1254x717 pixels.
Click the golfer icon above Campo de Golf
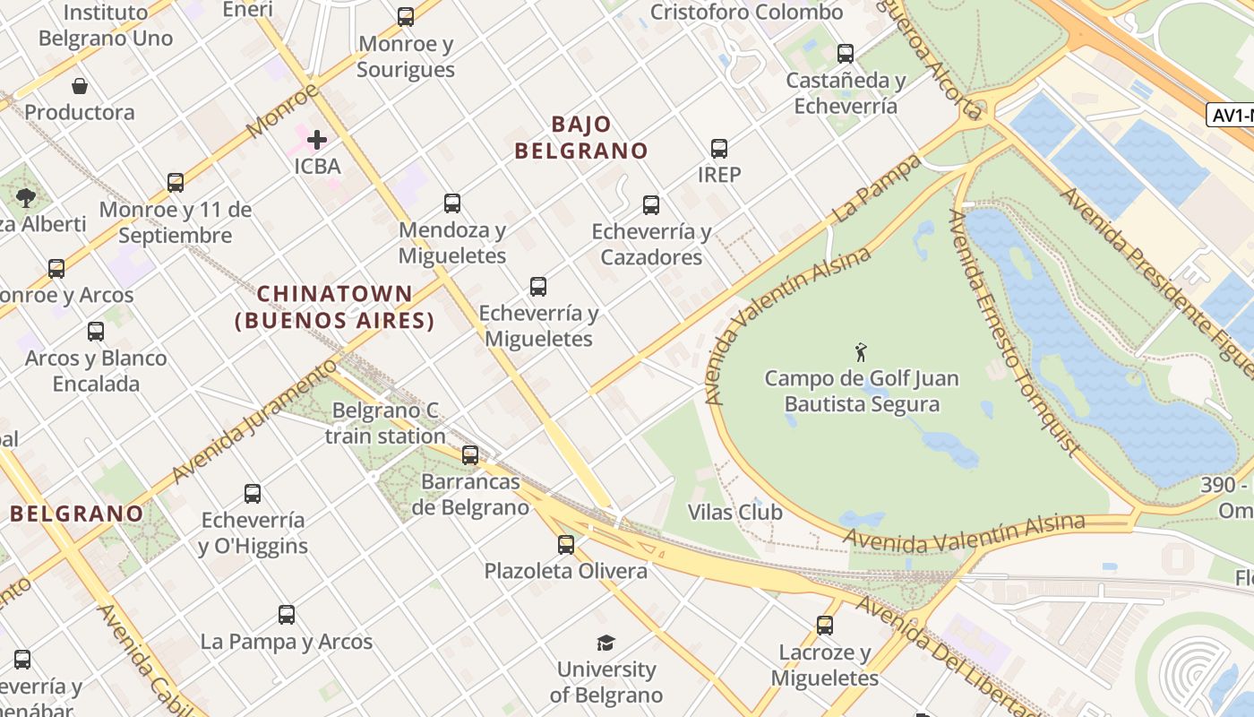click(862, 351)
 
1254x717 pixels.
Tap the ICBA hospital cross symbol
click(317, 140)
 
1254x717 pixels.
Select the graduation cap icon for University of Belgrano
click(606, 643)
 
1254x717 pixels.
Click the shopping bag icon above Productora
click(80, 86)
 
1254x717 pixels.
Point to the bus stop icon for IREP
click(719, 148)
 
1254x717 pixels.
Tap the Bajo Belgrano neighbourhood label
click(581, 137)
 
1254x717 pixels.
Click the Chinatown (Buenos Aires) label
click(335, 307)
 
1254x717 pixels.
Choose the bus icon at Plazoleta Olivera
click(566, 544)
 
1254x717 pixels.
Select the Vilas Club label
click(735, 513)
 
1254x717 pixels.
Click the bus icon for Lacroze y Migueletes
click(825, 625)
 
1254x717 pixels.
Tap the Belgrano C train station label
click(385, 423)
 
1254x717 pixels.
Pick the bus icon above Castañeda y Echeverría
click(846, 54)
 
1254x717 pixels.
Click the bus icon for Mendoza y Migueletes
click(452, 203)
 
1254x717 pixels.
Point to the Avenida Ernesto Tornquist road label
click(1013, 332)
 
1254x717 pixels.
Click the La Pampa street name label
click(877, 189)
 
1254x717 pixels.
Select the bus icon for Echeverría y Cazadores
click(651, 205)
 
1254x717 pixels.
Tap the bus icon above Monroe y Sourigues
click(406, 17)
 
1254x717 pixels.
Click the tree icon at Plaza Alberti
click(26, 197)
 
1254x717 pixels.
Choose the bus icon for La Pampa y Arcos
click(287, 615)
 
